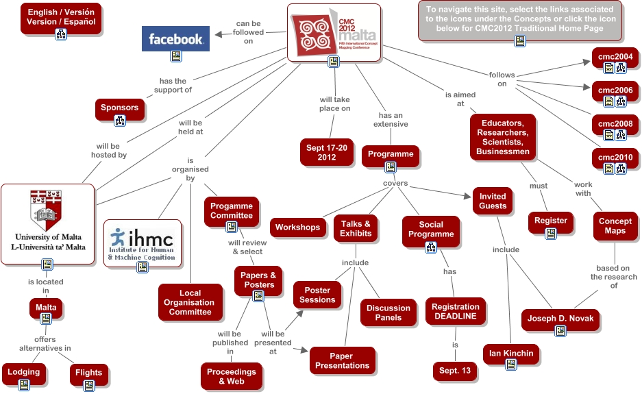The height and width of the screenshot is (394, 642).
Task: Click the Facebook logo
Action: (175, 39)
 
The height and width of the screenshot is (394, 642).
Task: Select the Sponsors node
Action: (119, 108)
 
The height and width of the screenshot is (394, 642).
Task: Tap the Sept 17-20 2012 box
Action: (326, 152)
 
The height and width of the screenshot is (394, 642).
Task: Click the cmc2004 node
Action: (615, 56)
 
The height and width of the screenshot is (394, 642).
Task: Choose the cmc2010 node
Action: (615, 158)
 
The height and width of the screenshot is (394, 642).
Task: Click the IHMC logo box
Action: (142, 240)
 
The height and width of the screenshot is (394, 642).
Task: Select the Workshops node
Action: (297, 227)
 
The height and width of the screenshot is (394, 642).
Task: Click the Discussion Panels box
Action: (388, 312)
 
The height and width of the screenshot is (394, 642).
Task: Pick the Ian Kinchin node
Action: (510, 354)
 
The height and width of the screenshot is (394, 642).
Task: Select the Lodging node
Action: (24, 372)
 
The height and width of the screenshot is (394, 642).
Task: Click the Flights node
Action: (88, 373)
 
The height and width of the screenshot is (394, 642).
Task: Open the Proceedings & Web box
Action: (232, 376)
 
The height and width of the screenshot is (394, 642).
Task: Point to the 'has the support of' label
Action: (172, 85)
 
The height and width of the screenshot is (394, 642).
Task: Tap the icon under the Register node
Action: (550, 234)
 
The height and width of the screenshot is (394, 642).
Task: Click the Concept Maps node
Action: (615, 226)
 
